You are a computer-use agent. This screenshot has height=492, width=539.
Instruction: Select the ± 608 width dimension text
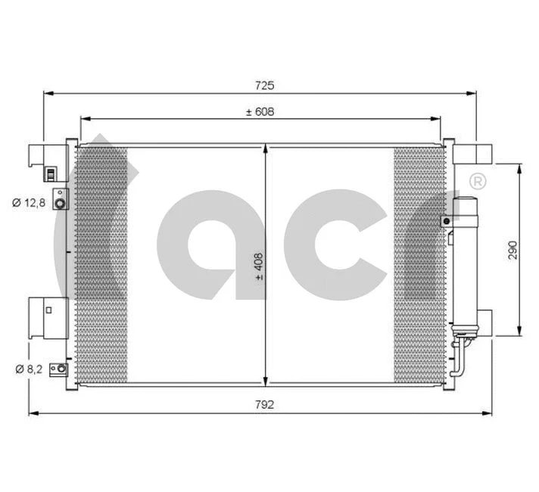pos(259,112)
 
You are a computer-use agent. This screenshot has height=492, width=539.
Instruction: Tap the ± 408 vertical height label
pos(259,267)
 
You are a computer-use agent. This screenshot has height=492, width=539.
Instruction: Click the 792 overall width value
pos(263,405)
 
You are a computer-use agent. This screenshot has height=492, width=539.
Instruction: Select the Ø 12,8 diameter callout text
pos(28,202)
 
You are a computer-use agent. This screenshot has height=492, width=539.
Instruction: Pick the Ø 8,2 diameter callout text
pos(28,369)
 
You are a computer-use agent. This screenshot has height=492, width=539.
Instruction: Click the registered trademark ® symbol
pos(478,181)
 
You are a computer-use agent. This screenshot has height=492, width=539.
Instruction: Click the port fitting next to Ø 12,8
pos(60,201)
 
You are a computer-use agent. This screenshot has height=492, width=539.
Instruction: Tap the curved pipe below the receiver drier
pos(457,356)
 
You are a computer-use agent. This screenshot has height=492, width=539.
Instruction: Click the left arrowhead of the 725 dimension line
pos(47,93)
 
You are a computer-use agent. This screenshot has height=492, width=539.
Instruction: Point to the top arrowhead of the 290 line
pos(519,168)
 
